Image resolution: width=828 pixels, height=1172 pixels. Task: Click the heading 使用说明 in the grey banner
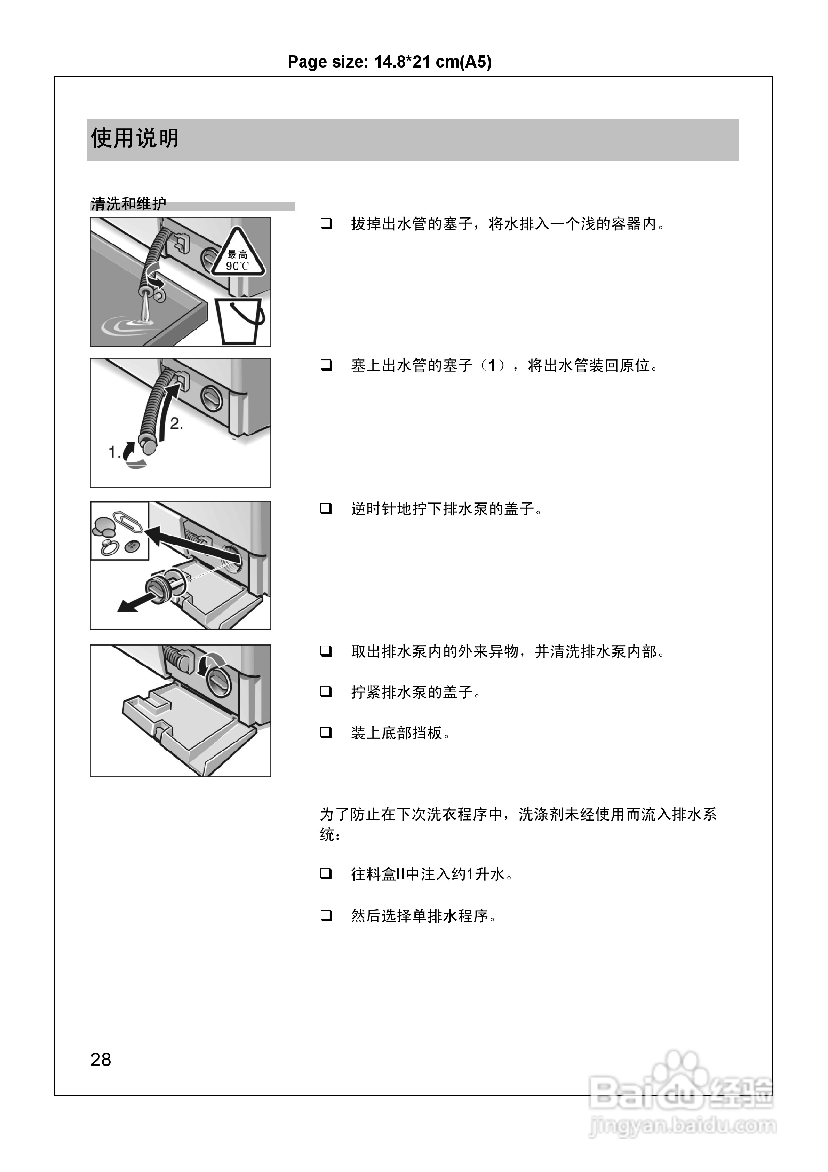click(135, 138)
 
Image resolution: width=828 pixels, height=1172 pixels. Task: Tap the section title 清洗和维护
click(128, 204)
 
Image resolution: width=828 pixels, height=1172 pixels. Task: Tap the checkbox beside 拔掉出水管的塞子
click(326, 224)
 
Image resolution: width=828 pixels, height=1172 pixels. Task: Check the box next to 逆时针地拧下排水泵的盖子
click(326, 508)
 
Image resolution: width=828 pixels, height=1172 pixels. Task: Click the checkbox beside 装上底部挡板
click(326, 732)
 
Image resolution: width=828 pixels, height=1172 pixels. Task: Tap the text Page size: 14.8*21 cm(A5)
click(390, 62)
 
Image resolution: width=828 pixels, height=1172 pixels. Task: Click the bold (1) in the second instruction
click(492, 365)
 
